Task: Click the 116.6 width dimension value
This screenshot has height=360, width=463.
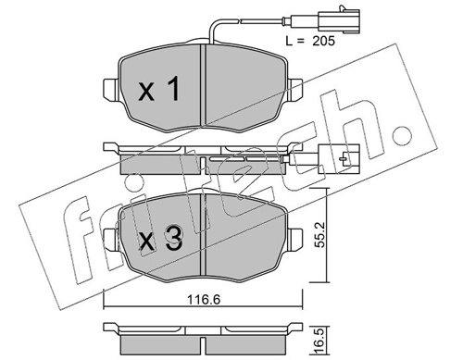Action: point(204,300)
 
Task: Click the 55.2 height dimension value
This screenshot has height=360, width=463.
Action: point(320,235)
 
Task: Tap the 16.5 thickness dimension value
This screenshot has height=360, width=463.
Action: point(320,341)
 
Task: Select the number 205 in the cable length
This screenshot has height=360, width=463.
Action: point(323,41)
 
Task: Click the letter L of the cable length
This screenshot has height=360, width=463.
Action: point(289,41)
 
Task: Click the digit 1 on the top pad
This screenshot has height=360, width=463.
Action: point(174,89)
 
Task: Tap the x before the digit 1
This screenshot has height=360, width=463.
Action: point(146,93)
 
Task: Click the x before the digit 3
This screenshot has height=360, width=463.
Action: point(146,242)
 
